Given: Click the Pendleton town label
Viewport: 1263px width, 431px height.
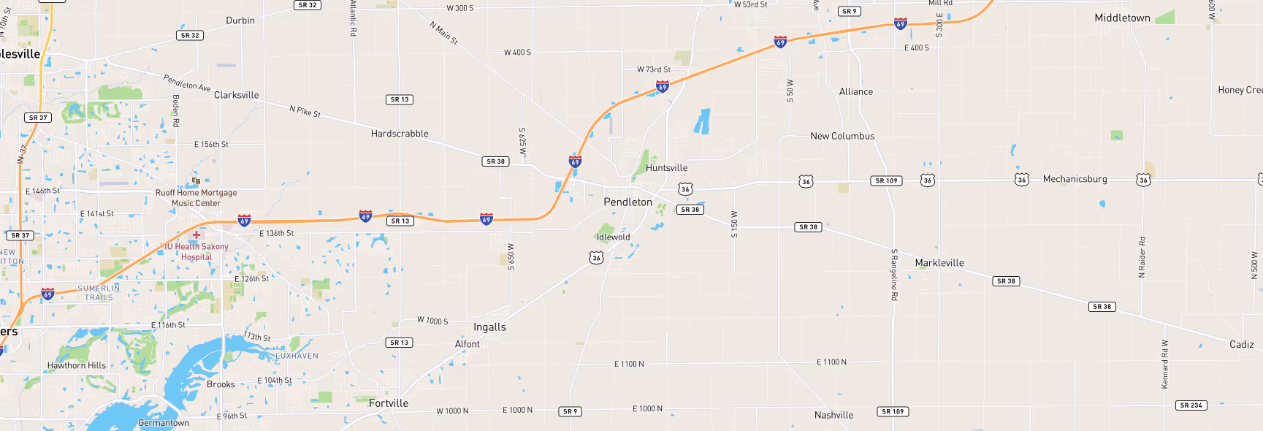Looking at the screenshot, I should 627,202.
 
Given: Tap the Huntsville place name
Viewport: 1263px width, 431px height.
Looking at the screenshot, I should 666,168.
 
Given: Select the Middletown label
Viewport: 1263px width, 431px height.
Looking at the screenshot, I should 1122,18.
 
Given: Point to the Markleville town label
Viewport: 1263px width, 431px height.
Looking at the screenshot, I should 939,263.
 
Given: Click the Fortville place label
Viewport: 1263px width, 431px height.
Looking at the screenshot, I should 389,403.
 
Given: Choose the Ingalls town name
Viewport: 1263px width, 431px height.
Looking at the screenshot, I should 489,327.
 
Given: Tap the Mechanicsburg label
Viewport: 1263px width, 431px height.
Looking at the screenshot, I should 1075,179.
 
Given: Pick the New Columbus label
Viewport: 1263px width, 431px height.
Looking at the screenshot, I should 842,137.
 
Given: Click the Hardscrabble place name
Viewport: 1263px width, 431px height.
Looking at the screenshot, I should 400,134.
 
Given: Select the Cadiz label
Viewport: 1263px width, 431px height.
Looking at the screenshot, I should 1241,345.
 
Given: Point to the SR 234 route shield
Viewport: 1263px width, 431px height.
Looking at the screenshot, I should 1191,405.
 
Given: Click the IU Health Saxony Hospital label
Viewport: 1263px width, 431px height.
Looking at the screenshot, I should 196,252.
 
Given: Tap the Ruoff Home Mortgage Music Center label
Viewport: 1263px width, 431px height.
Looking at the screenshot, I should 196,198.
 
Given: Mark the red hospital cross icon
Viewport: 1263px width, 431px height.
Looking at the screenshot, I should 196,234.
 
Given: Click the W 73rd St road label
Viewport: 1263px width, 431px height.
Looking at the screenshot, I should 653,70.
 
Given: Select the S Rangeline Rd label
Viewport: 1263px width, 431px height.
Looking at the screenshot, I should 894,275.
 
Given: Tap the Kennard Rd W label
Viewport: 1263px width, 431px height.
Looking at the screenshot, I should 1165,364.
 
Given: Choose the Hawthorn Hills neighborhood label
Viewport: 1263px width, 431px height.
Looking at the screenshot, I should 77,366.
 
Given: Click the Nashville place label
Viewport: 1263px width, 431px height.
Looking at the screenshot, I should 833,416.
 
